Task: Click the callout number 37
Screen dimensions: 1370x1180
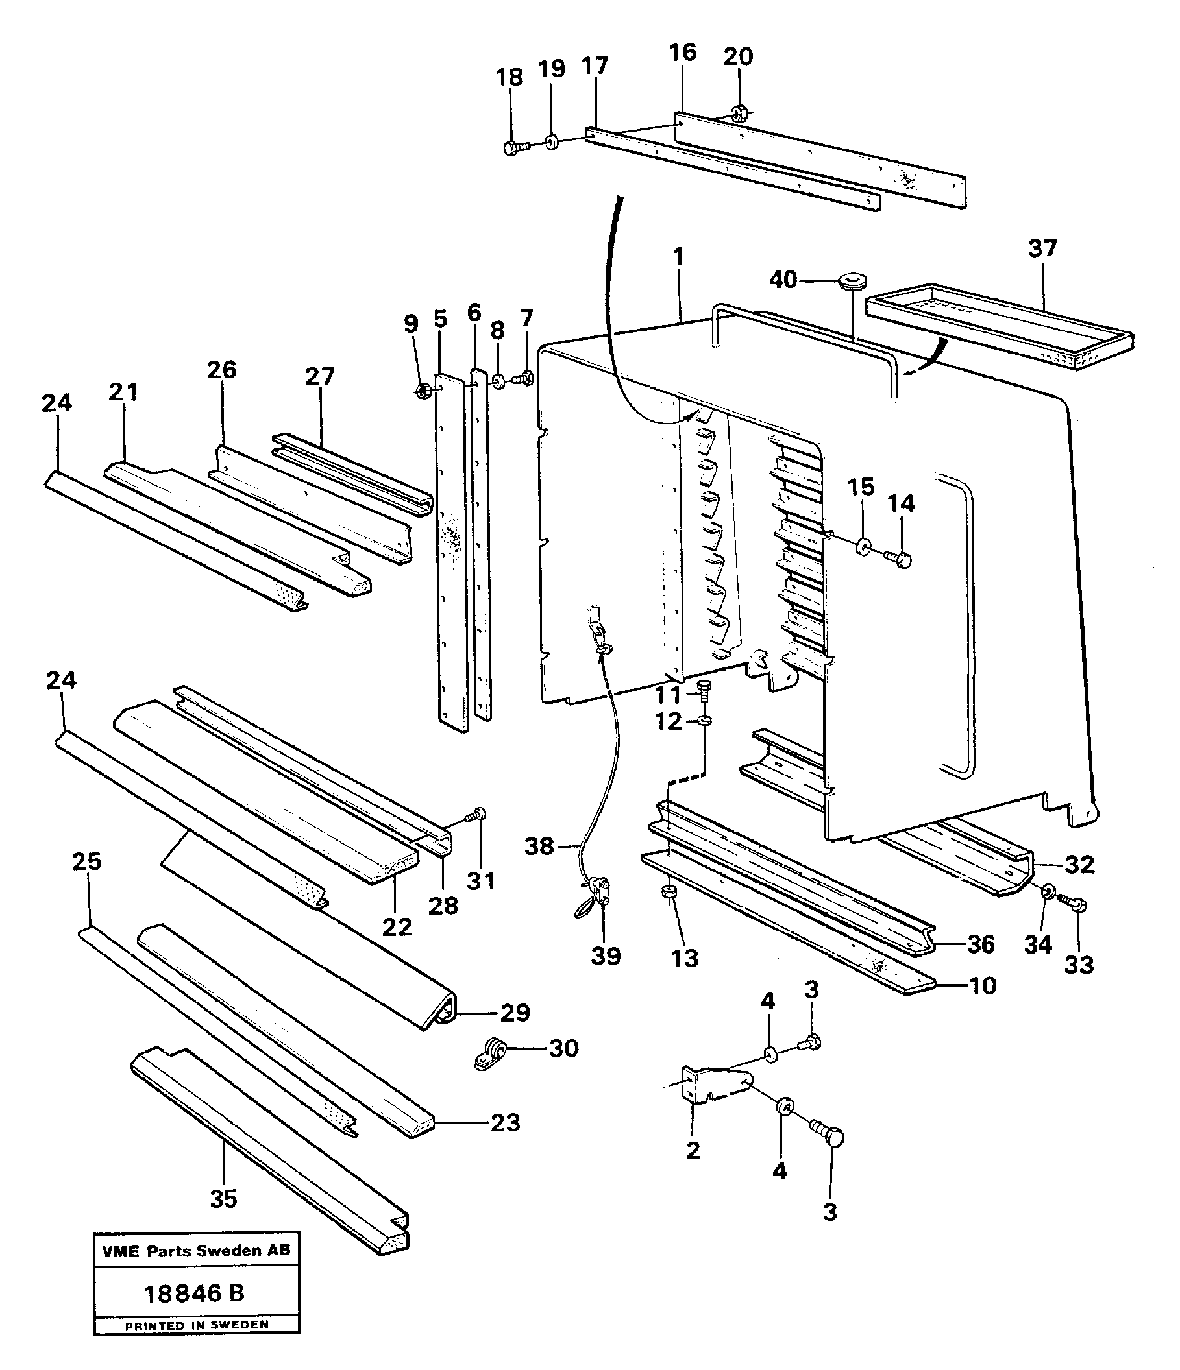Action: pos(1042,248)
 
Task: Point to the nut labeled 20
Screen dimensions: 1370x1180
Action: pos(741,114)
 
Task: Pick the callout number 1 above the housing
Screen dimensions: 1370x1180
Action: pos(679,258)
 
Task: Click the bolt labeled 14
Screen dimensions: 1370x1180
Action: pos(899,559)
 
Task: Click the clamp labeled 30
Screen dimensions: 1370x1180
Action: pos(490,1052)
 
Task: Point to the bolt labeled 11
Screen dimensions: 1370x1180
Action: pos(706,690)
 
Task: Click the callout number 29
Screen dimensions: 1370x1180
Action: pos(515,1013)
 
